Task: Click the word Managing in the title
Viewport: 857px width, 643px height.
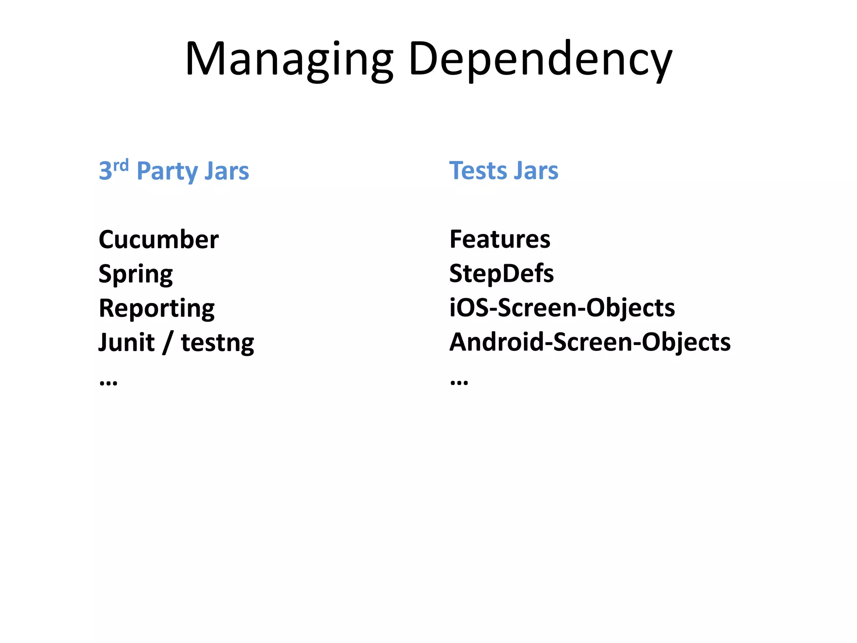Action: (x=289, y=59)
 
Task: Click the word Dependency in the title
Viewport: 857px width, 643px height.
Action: (x=540, y=59)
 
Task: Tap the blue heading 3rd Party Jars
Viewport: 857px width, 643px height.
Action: (x=174, y=171)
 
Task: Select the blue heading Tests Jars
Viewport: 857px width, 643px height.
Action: (x=503, y=171)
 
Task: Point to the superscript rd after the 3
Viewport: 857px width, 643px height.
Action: (x=121, y=165)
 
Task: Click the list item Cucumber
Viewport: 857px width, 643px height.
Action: (x=159, y=239)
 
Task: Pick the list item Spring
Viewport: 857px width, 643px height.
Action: (x=136, y=275)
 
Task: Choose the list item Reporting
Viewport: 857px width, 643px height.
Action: (x=157, y=309)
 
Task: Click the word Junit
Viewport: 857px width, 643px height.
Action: (x=126, y=342)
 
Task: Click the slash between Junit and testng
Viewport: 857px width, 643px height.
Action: (x=168, y=342)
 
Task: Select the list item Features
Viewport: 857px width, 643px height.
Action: (x=500, y=239)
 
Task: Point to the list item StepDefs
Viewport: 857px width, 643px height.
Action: (x=501, y=274)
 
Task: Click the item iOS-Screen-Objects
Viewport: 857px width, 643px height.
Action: (x=562, y=308)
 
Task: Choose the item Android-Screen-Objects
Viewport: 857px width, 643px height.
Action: (x=590, y=342)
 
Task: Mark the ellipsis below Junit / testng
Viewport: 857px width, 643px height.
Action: (x=108, y=382)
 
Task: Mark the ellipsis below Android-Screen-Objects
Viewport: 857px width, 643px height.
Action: (x=459, y=382)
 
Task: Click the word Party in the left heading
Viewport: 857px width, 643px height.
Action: (x=167, y=172)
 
